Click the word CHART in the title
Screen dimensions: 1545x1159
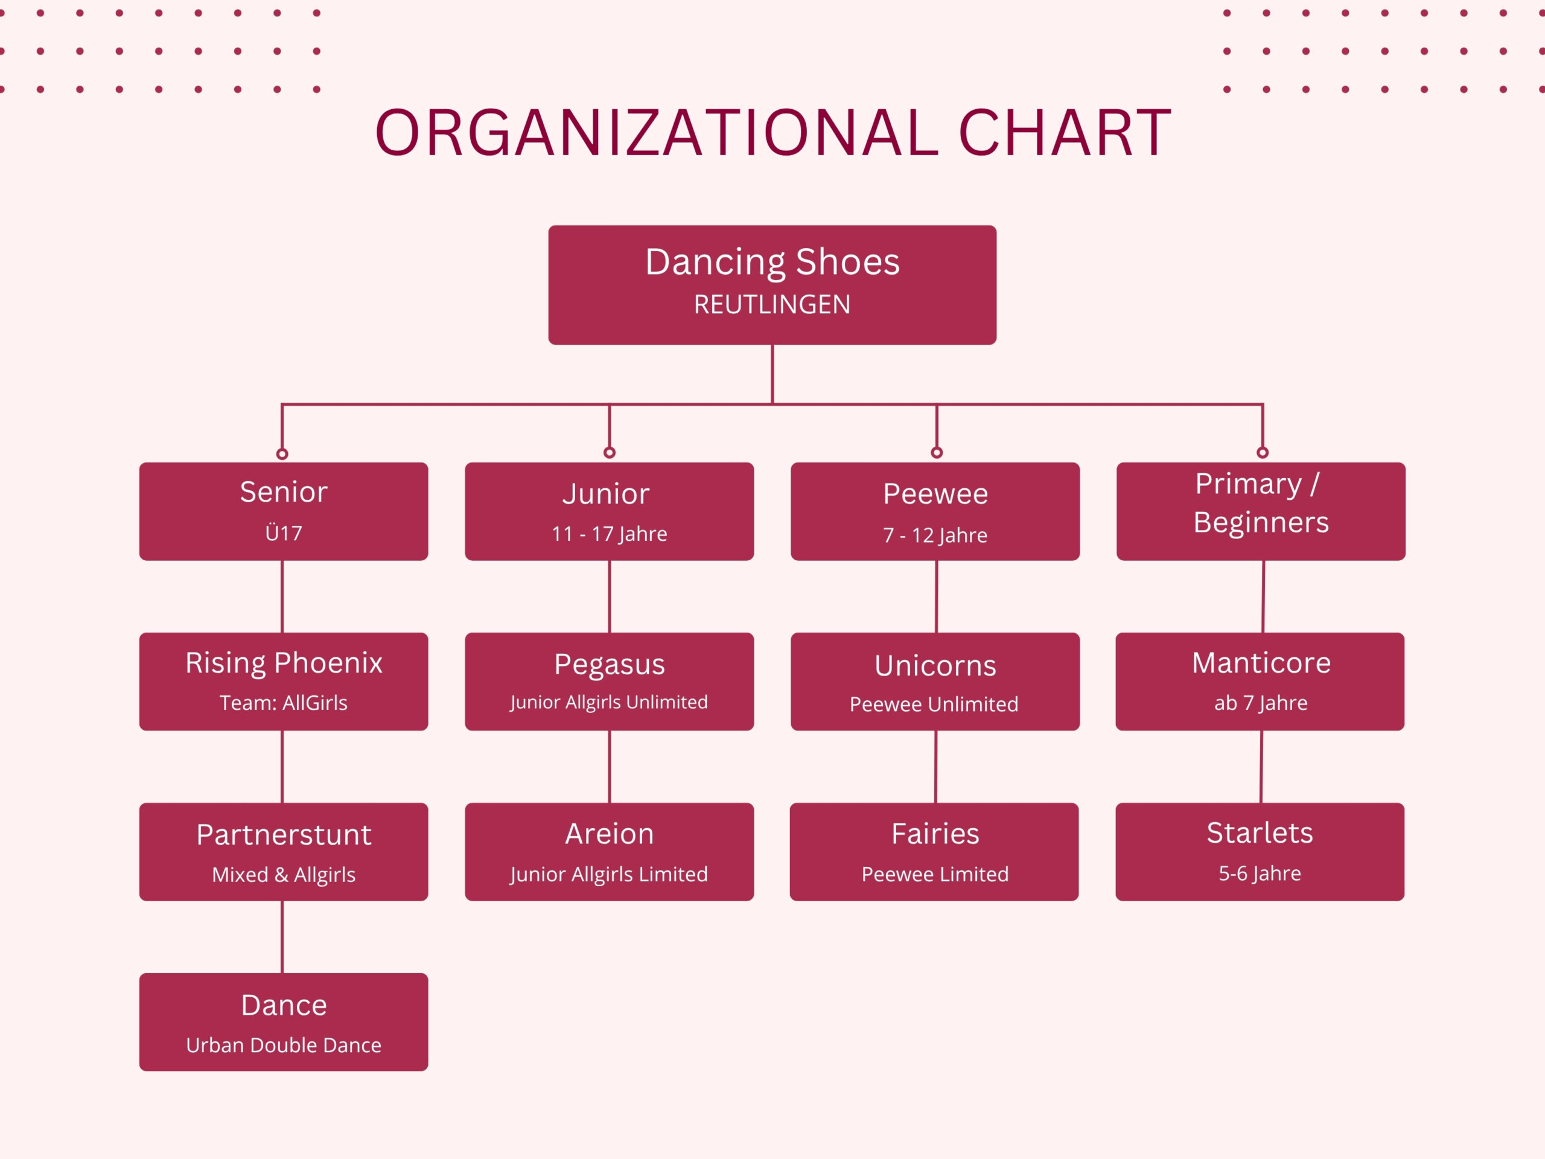[1065, 133]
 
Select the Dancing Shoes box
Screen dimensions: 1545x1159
[772, 284]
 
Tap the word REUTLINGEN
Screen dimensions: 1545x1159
[772, 305]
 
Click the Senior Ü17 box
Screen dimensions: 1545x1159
[284, 511]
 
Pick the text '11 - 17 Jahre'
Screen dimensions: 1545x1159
[609, 534]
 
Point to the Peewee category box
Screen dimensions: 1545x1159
[935, 511]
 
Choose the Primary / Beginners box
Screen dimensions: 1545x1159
[1261, 511]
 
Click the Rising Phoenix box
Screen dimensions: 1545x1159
[284, 682]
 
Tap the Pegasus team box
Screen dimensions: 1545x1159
[609, 682]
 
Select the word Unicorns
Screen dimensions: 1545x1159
[935, 666]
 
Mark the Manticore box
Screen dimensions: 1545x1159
[1260, 682]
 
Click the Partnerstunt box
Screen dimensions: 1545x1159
[284, 852]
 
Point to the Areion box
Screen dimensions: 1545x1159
[609, 852]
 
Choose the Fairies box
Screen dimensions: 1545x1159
[934, 852]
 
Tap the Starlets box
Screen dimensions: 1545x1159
[1260, 852]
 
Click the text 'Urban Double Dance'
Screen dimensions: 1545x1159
[284, 1045]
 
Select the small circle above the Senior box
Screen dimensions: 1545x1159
[282, 454]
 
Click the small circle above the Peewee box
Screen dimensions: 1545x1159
[937, 453]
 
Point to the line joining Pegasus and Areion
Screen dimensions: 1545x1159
[610, 767]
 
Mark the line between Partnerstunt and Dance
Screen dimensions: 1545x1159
[282, 937]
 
